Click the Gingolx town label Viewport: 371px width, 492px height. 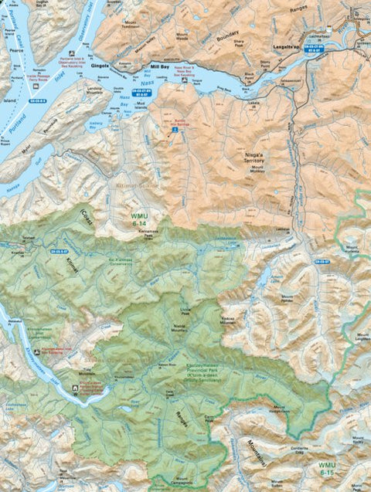[100, 66]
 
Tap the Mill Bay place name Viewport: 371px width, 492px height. [159, 67]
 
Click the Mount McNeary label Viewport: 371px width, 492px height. [257, 169]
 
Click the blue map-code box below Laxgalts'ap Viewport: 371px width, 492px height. [313, 49]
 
